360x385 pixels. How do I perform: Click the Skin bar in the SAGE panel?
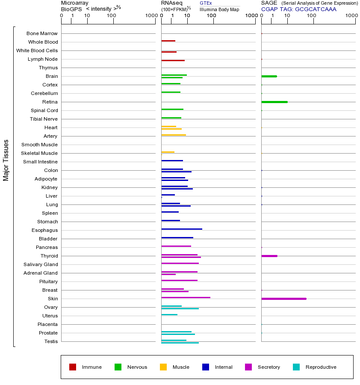(x=284, y=299)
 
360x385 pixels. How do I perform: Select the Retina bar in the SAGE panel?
(x=274, y=102)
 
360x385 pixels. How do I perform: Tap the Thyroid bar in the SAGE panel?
(x=269, y=256)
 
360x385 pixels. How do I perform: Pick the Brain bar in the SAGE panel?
(x=269, y=76)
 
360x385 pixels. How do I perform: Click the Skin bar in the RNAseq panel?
(x=186, y=297)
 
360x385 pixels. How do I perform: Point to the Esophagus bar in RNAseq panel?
(x=182, y=229)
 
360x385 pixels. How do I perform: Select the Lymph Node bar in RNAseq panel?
(x=173, y=60)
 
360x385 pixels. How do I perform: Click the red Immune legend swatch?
(x=73, y=367)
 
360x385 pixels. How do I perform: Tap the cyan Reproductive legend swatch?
(x=296, y=367)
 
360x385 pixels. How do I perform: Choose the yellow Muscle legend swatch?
(x=163, y=367)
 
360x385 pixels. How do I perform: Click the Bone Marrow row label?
(x=42, y=33)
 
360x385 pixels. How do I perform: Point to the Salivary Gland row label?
(x=41, y=264)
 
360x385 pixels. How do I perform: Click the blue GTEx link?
(x=206, y=3)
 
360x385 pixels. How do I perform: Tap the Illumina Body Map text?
(x=219, y=9)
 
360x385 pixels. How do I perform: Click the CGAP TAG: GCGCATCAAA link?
(x=298, y=9)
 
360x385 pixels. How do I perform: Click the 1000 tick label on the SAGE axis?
(x=351, y=16)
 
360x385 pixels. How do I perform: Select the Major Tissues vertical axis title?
(x=6, y=160)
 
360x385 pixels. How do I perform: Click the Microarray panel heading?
(x=75, y=3)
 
